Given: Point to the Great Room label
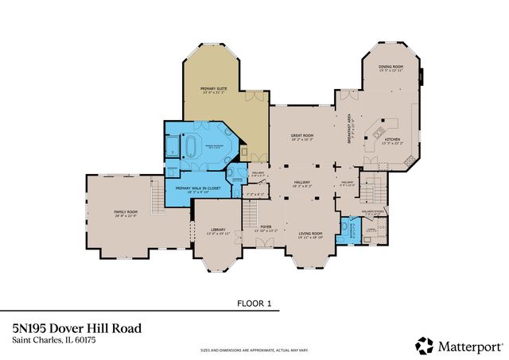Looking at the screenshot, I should (x=301, y=137).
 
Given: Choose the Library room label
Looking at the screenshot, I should (x=218, y=231).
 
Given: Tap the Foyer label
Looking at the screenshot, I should (x=266, y=227).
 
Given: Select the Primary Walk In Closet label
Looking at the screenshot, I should (x=189, y=188).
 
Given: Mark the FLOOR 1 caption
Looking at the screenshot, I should (x=254, y=303).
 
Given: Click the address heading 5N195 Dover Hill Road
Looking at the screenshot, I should (x=77, y=327).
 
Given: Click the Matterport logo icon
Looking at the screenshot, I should (x=425, y=346).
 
